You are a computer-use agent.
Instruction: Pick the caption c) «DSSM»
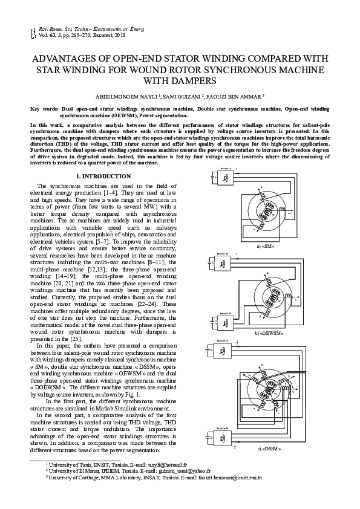click(269, 449)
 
